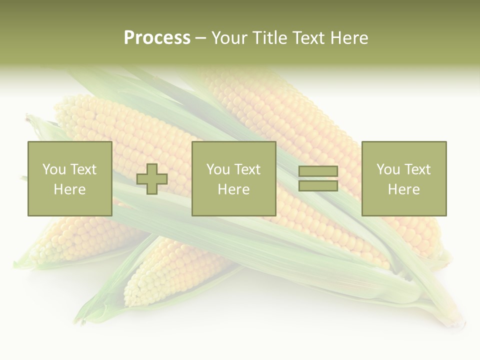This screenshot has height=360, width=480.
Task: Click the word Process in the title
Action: point(157,38)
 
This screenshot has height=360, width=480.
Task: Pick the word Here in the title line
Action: point(350,38)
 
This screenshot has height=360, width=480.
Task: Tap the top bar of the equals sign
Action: point(318,171)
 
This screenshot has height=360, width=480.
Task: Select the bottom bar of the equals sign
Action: point(318,186)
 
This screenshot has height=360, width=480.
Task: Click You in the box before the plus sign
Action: point(53,169)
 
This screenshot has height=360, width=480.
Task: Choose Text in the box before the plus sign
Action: point(82,169)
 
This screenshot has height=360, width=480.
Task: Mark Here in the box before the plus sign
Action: point(69,189)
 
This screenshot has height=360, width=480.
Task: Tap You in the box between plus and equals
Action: point(218,169)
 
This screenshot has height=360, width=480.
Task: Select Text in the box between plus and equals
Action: point(247,169)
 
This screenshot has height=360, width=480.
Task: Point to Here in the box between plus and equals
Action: point(233,189)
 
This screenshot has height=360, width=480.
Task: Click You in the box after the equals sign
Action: point(388,169)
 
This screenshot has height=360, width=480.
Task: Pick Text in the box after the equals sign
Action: point(417,169)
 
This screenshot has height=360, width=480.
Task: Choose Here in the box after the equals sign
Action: point(403,189)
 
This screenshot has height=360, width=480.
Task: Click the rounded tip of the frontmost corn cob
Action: point(131,295)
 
